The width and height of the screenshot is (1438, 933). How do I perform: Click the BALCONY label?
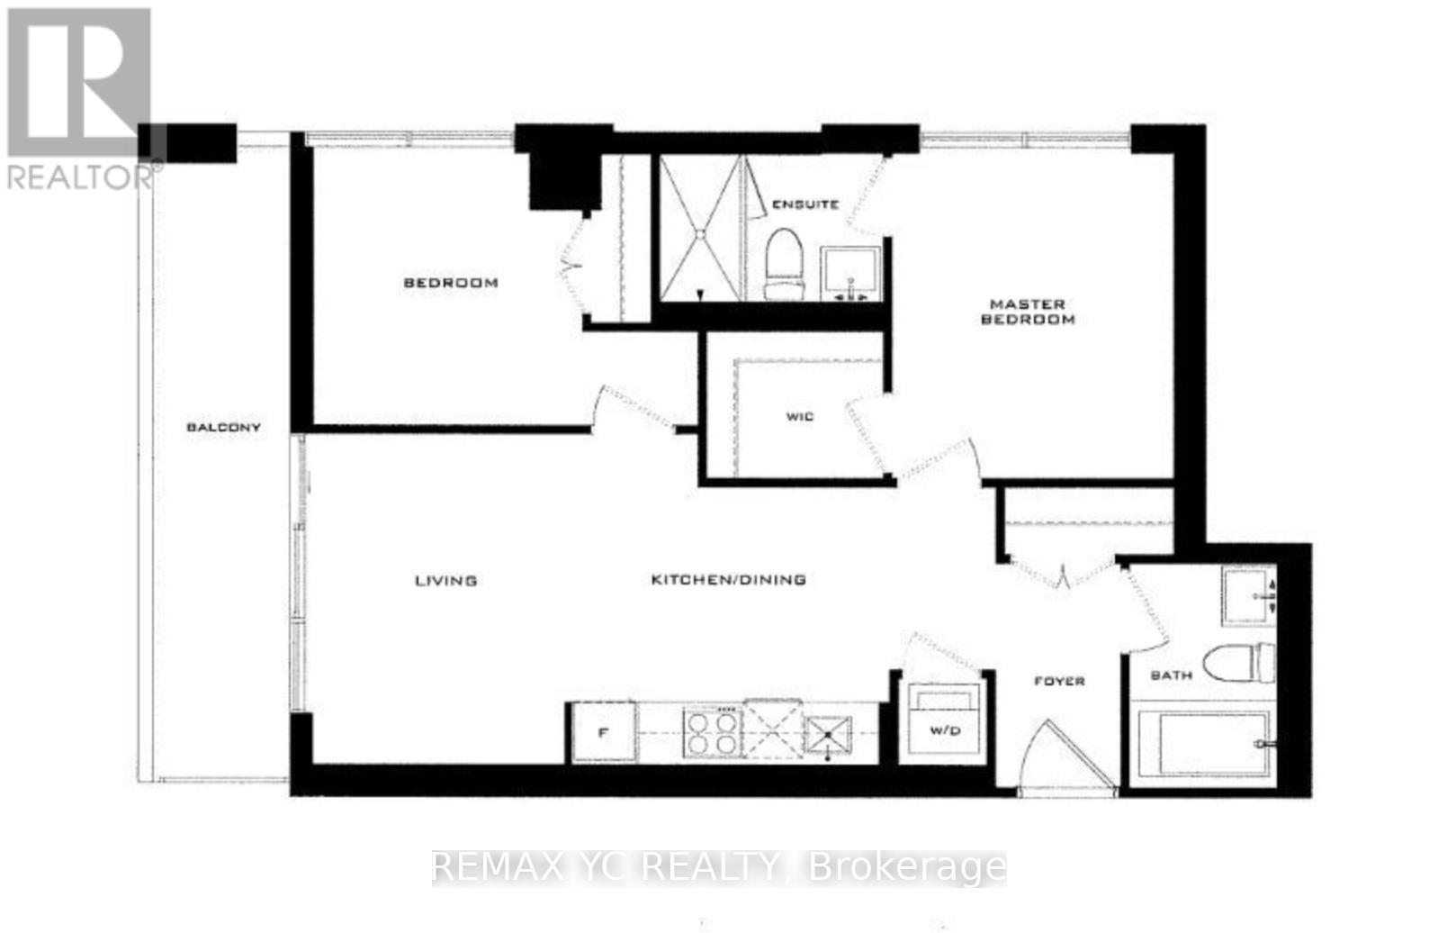(x=223, y=427)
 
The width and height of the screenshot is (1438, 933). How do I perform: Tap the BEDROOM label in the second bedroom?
(x=450, y=283)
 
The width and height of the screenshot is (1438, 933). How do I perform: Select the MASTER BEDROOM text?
(x=1028, y=312)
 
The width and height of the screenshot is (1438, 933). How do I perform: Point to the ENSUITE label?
(x=805, y=204)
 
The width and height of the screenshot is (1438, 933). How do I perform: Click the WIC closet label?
(x=799, y=416)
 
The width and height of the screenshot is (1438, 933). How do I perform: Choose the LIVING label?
(x=445, y=581)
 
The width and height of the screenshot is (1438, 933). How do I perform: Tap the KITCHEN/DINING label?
(x=728, y=580)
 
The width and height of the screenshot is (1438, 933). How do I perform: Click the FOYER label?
(x=1059, y=681)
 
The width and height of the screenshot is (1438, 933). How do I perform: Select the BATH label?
(x=1171, y=675)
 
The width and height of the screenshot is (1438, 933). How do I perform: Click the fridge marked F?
(x=604, y=732)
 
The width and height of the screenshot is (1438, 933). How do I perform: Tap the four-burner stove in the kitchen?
(x=712, y=732)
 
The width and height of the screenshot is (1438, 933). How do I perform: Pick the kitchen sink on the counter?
(x=829, y=734)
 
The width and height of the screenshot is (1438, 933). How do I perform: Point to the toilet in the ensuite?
(x=783, y=263)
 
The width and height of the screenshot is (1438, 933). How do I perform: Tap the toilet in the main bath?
(x=1240, y=664)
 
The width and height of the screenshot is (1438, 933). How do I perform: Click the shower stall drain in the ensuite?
(x=701, y=233)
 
